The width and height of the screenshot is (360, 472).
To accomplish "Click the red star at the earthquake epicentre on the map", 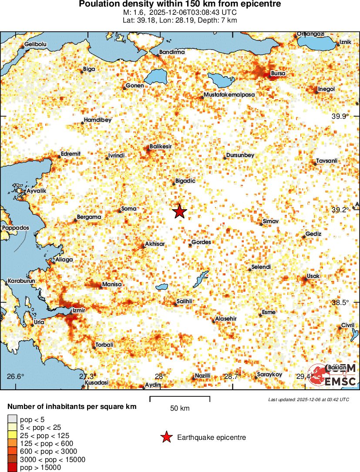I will pyautogui.click(x=179, y=212).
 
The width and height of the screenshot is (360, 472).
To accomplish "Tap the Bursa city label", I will pyautogui.click(x=278, y=74).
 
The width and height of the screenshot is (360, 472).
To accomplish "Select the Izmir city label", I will pyautogui.click(x=78, y=310).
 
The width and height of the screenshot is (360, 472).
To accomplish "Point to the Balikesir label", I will pyautogui.click(x=161, y=147).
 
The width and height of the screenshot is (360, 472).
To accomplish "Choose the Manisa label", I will pyautogui.click(x=111, y=285).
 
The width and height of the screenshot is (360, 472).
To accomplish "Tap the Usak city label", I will pyautogui.click(x=313, y=276).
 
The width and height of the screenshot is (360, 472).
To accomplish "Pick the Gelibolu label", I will pyautogui.click(x=35, y=44).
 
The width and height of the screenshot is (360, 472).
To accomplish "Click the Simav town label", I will pyautogui.click(x=270, y=222).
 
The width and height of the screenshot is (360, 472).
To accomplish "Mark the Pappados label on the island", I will pyautogui.click(x=15, y=228).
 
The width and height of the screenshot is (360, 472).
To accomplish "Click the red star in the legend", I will pyautogui.click(x=166, y=438).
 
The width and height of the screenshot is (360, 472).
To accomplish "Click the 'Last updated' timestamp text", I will pyautogui.click(x=309, y=399).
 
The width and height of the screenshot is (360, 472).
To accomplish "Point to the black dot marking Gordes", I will pyautogui.click(x=190, y=245).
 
